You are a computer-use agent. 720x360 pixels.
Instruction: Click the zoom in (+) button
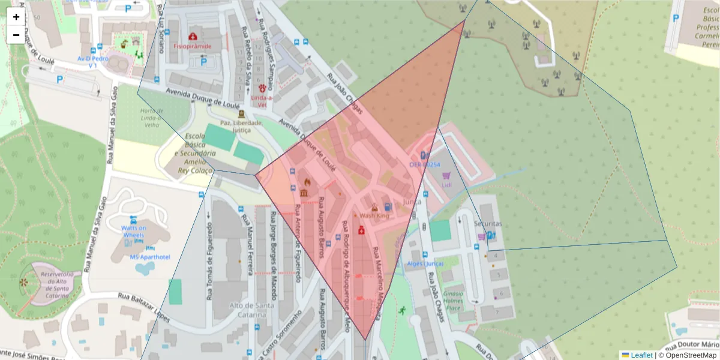(16, 17)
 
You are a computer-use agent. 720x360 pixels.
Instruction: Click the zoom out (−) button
(16, 35)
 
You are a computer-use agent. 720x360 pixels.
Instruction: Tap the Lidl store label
(446, 184)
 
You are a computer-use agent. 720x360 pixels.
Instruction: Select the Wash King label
(374, 216)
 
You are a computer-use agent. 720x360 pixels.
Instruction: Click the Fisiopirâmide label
(192, 46)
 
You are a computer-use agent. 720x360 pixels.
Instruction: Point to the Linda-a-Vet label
(262, 101)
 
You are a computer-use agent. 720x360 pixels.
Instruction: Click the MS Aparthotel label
(150, 257)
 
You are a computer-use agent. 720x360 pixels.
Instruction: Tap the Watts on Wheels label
(133, 232)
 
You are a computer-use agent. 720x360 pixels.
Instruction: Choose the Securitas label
(487, 224)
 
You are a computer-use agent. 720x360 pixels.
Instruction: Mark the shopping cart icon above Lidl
(446, 175)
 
